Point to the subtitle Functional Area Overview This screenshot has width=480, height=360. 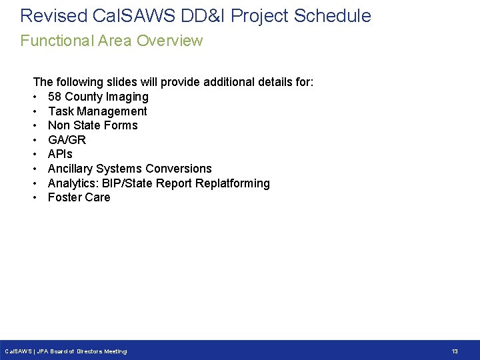coord(111,41)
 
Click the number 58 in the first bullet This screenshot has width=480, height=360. coord(55,97)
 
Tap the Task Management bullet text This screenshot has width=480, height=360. coord(97,111)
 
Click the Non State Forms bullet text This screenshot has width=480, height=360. coord(93,125)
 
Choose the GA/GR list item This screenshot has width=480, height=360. coord(67,140)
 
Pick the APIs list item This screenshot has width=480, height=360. coord(61,154)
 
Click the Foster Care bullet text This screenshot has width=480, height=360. coord(79,197)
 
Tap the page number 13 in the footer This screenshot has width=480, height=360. coord(455,351)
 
